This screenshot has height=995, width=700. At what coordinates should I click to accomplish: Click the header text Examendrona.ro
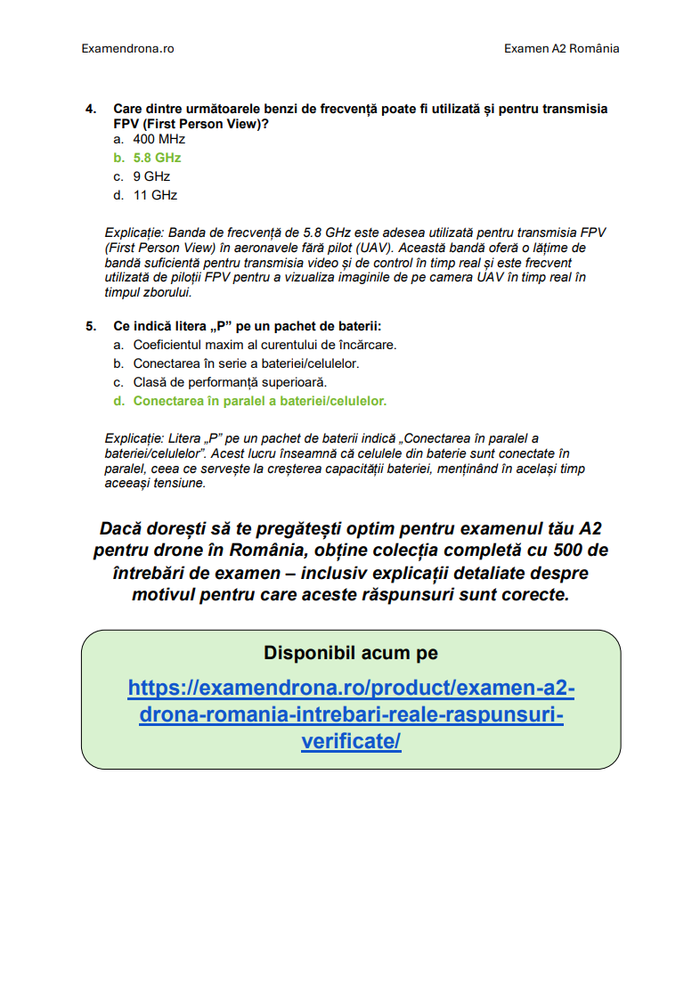coord(127,48)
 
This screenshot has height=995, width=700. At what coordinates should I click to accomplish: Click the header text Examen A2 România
coord(561,48)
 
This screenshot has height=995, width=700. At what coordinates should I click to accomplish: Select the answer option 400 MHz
coord(159,139)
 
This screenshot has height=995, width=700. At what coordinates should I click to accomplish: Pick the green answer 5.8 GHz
coord(157,158)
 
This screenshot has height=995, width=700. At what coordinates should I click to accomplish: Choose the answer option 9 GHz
coord(151,176)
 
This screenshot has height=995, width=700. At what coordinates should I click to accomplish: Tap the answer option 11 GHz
coord(155,195)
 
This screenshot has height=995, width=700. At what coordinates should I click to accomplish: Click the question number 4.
coord(90,109)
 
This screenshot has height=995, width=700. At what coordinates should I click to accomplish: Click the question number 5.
coord(90,326)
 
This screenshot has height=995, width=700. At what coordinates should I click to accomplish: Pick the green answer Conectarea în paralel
coord(259,401)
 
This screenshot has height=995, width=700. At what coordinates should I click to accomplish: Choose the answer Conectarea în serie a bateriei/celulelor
coord(246,363)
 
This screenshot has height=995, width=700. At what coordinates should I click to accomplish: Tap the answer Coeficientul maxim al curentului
coord(265,345)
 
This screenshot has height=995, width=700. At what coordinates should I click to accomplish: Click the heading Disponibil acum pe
coord(350,653)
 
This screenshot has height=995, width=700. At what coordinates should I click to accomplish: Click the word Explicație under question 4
coord(134,232)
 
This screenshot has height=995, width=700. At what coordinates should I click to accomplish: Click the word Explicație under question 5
coord(134,438)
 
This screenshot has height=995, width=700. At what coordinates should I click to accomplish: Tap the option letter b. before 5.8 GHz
coord(118,158)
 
